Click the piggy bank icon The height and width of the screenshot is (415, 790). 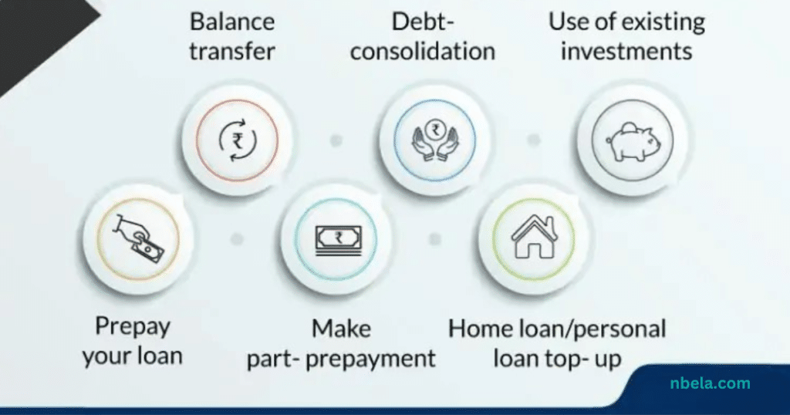coord(633,140)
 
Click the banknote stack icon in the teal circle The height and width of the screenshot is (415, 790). coord(338,240)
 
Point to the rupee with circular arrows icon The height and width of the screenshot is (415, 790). coord(238,140)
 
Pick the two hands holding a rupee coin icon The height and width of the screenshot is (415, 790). coord(435,140)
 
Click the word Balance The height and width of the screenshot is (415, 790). coord(232,22)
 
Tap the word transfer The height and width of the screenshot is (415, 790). coord(232,51)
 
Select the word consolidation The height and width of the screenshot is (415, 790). coord(423,52)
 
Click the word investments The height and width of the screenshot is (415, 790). coord(626,52)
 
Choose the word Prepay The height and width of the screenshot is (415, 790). coord(133,327)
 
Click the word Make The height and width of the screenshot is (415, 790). coord(342,329)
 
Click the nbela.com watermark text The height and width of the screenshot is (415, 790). coord(710,383)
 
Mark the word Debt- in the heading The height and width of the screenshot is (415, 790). coord(423,22)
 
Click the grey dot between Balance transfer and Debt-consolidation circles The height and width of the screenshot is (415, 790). coord(336,140)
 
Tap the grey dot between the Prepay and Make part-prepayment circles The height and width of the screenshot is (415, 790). coord(237,239)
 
